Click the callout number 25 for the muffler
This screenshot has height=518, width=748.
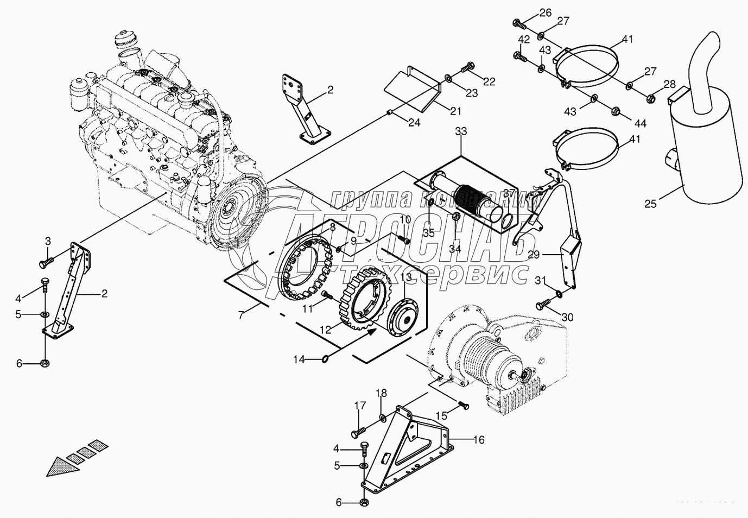pos(650,204)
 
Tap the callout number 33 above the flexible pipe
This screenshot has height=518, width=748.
pos(461,131)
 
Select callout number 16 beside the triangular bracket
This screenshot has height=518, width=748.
pos(478,440)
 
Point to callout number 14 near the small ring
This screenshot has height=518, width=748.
pos(299,359)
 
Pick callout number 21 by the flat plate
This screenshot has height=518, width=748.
pos(455,111)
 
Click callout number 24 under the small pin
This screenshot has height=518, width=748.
pos(415,123)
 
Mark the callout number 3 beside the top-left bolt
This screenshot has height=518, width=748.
pos(48,241)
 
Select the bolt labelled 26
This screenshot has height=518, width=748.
pos(519,23)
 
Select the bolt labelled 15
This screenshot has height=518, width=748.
pos(463,405)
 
